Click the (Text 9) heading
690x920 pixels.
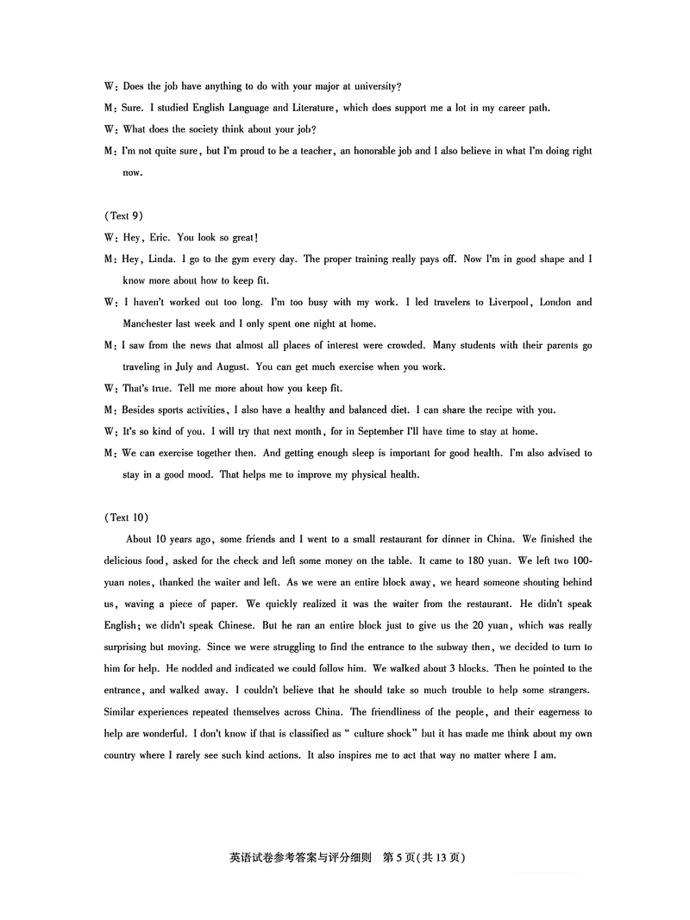coord(122,216)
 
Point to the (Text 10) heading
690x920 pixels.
coord(125,517)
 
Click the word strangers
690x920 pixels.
coord(561,690)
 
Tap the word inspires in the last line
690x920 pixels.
coord(352,755)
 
